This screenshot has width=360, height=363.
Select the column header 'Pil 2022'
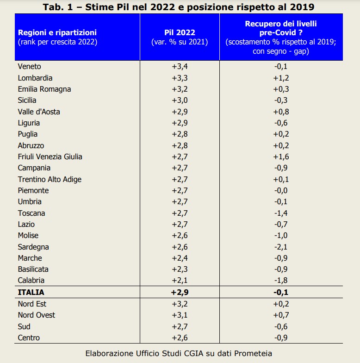tap(180, 33)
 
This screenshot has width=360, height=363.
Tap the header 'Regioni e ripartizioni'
tap(57, 33)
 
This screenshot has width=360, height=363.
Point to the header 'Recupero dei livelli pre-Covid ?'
tap(281, 28)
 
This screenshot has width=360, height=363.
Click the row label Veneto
tap(29, 67)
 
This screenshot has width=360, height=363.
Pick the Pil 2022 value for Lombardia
tap(180, 78)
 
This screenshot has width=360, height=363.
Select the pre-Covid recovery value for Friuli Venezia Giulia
tap(281, 156)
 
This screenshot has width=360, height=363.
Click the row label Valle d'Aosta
tap(39, 112)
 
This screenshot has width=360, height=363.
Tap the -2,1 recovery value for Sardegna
tap(281, 247)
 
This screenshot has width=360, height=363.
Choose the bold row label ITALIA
tap(31, 292)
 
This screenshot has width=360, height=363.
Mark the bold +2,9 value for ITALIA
tap(180, 292)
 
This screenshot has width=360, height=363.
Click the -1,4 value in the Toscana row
tap(281, 213)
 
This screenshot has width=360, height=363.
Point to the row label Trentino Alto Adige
tap(50, 179)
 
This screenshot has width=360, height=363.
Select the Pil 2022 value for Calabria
tap(180, 280)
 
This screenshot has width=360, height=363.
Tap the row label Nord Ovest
tap(36, 315)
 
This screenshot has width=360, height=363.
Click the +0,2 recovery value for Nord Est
tap(281, 304)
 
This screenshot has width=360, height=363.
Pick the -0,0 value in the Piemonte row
tap(281, 190)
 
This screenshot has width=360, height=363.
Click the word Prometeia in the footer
tap(253, 353)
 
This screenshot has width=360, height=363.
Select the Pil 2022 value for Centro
tap(180, 338)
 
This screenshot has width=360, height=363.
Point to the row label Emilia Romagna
tap(44, 89)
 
